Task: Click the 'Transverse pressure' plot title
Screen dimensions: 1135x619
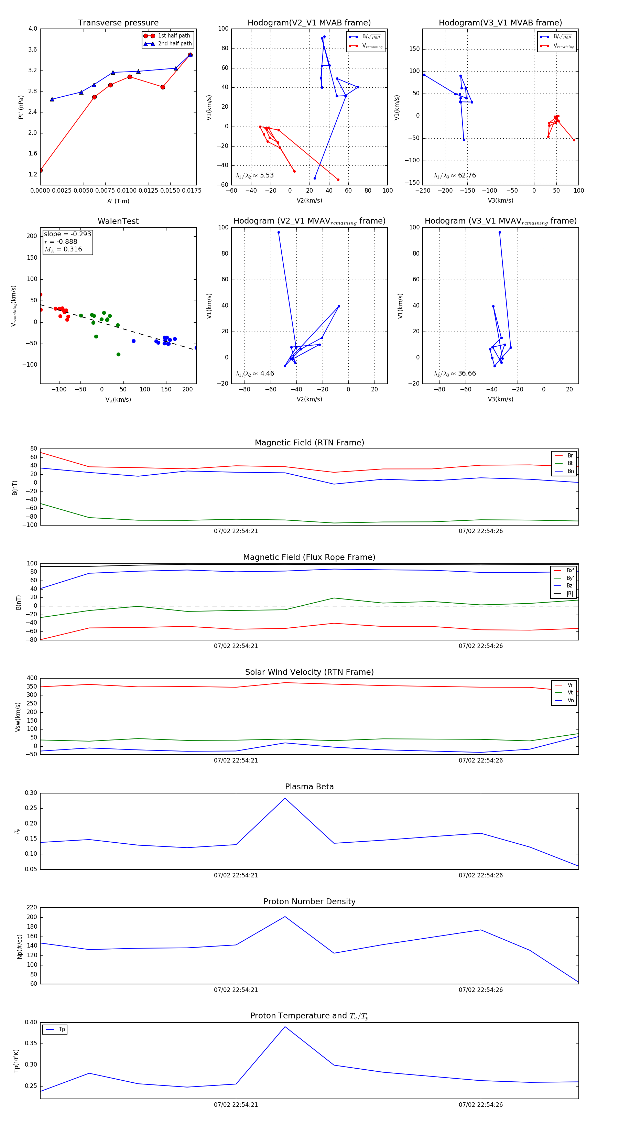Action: coord(118,23)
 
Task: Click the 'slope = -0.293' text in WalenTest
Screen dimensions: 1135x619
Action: coord(67,234)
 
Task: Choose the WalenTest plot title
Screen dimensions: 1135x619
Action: coord(118,221)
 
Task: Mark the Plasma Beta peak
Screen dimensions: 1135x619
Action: coord(285,798)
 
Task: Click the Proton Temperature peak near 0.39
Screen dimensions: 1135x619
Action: coord(285,1027)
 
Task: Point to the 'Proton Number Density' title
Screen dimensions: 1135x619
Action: coord(309,901)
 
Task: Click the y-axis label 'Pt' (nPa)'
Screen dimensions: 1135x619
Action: coord(21,107)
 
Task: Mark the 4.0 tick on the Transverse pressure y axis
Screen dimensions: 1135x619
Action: coord(33,29)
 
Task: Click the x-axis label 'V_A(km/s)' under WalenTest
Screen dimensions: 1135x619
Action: coord(118,400)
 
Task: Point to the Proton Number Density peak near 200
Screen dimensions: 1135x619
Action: coord(285,917)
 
